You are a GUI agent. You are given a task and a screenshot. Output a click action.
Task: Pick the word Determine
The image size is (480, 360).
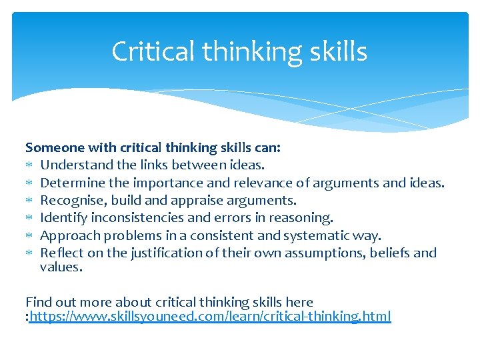(71, 182)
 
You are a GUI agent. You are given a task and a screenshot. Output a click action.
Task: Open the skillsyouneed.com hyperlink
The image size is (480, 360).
(211, 316)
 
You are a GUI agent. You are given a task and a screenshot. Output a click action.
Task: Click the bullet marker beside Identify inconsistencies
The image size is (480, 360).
(29, 218)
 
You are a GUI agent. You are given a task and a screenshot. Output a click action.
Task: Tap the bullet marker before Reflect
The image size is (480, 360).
(29, 253)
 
